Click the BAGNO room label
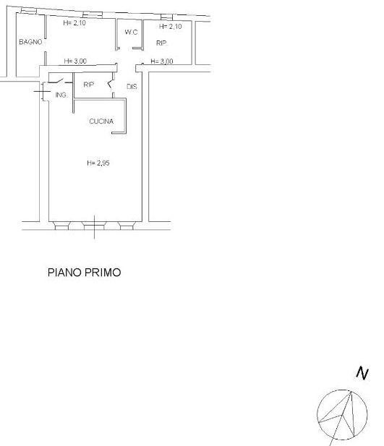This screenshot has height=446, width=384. (x=30, y=42)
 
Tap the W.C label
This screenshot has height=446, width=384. (x=131, y=32)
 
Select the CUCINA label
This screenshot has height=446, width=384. (x=101, y=121)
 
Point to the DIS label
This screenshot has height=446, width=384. (x=132, y=87)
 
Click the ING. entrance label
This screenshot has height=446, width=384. (x=61, y=95)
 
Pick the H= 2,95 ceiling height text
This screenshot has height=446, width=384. (x=98, y=163)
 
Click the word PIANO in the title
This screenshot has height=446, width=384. (x=64, y=273)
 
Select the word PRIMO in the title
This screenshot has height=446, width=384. (x=103, y=273)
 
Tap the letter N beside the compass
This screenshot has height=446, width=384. (x=362, y=373)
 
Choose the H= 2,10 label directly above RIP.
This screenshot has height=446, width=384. (x=170, y=27)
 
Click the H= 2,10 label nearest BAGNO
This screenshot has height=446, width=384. (x=74, y=22)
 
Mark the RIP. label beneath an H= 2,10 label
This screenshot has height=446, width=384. (x=162, y=43)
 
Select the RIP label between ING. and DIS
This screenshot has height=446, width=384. (x=88, y=85)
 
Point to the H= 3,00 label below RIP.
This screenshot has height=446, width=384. (x=162, y=61)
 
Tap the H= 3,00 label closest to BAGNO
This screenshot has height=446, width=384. (x=75, y=61)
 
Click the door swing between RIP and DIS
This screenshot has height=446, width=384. (x=110, y=83)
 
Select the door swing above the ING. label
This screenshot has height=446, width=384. (x=56, y=81)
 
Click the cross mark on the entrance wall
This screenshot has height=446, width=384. (x=42, y=91)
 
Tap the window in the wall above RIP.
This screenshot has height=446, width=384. (x=166, y=17)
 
